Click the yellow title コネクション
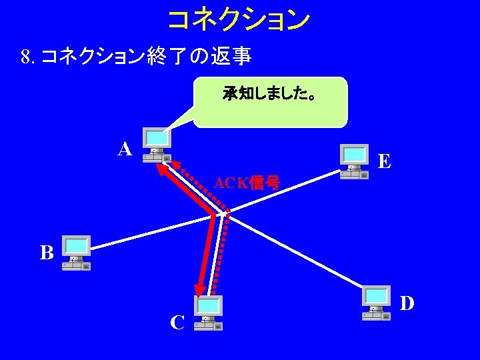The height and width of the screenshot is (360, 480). pos(239,19)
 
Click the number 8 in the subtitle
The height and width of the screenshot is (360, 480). pos(25,57)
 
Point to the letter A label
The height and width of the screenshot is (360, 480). pos(125,149)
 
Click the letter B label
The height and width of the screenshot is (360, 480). pos(47,253)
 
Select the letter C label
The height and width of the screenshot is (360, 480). pos(177,323)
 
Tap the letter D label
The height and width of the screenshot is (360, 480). pos(407,303)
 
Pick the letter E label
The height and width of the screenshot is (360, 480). pos(384,161)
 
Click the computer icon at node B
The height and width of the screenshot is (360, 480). pos(76,253)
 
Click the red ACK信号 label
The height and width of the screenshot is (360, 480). pos(247,182)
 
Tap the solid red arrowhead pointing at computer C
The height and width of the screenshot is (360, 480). pos(199,288)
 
